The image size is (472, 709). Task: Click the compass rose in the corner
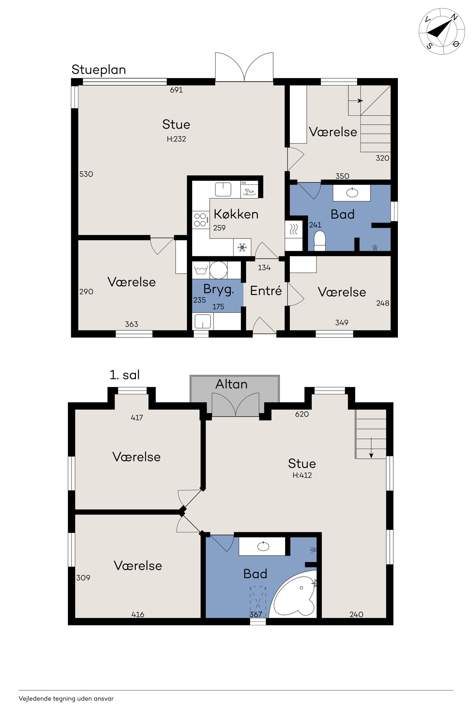coord(441,32)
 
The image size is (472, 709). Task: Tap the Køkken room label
coord(236,214)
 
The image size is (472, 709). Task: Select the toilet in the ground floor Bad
coord(320,241)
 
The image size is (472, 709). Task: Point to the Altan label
coord(232,384)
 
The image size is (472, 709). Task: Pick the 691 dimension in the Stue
coord(176,90)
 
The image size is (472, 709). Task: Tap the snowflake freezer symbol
coord(242,247)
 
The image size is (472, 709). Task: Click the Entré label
coord(266,291)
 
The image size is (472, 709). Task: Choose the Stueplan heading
coord(99,70)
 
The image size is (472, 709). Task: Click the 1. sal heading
coord(125,375)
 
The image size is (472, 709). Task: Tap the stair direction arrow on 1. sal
coord(371,448)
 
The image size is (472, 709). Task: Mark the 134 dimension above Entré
coord(264,268)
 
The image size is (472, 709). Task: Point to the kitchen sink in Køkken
coord(223,189)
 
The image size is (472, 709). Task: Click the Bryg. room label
coord(218,290)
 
